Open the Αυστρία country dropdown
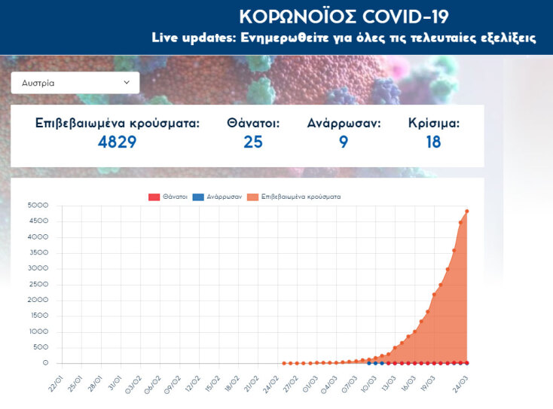click(75, 83)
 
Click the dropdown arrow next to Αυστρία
click(126, 82)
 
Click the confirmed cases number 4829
click(117, 142)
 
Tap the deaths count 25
click(253, 142)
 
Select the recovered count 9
click(344, 142)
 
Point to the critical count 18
click(433, 142)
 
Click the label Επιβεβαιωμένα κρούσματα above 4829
click(118, 123)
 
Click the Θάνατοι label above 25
click(253, 123)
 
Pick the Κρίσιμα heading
click(433, 123)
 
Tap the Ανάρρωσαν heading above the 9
click(344, 123)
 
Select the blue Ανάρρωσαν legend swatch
click(197, 197)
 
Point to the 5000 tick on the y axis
click(38, 205)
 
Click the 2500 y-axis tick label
click(38, 284)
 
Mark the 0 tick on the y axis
click(45, 363)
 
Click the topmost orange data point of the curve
click(467, 211)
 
